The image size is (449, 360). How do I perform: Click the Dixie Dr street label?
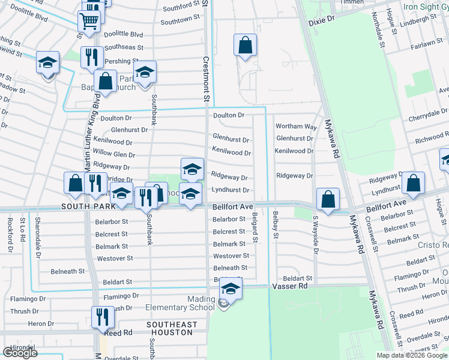[321, 20]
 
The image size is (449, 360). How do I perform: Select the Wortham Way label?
[296, 127]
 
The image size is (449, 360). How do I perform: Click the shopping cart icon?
[89, 21]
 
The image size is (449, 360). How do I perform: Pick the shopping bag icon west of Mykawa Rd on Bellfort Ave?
[328, 200]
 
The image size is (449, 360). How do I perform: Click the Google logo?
[20, 353]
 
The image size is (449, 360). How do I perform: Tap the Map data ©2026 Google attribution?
[412, 355]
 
